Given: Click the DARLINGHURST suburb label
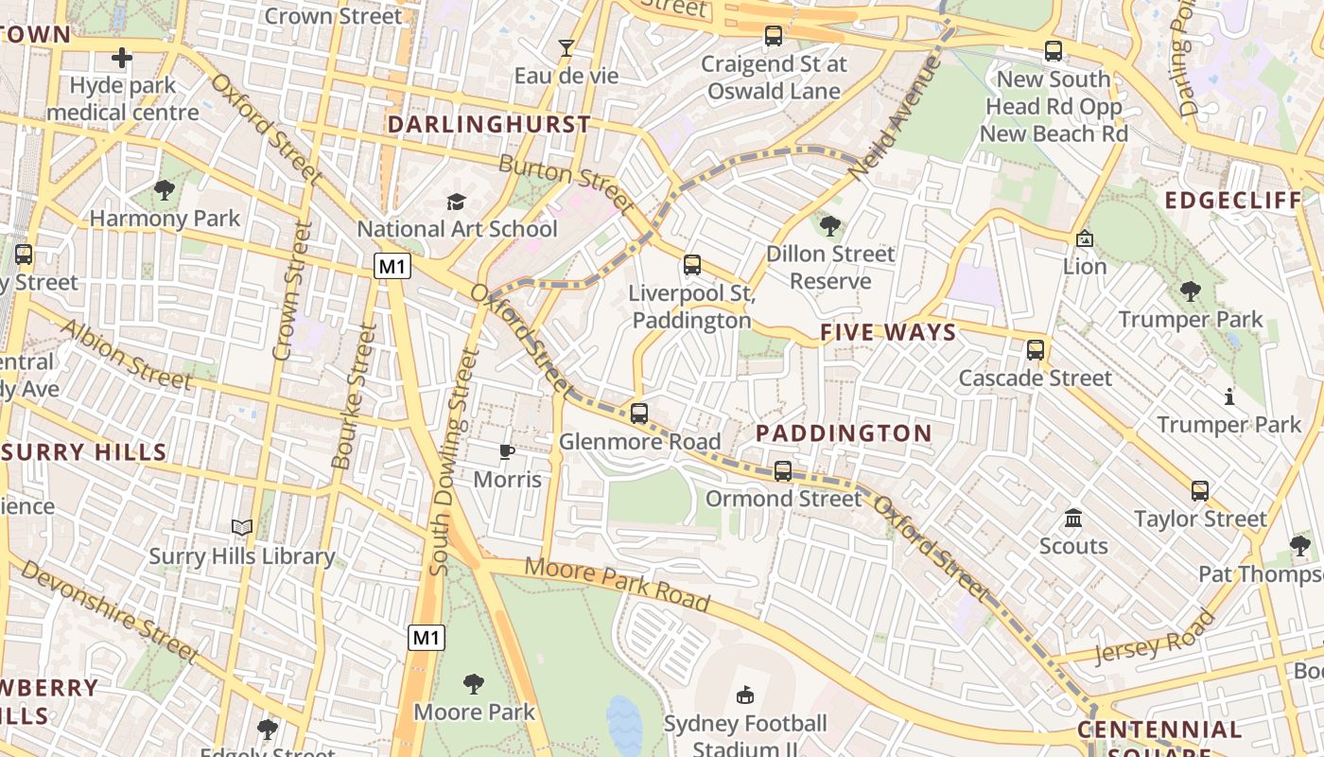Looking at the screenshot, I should (x=489, y=125).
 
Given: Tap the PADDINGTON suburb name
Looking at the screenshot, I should (x=844, y=433).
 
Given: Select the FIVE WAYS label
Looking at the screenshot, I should (x=888, y=332).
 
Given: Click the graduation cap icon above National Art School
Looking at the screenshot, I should (x=457, y=202).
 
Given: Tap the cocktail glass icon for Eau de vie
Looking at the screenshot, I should (x=566, y=48).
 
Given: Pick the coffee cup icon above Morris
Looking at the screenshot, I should (x=507, y=451).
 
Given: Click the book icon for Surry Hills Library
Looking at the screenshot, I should (x=242, y=528).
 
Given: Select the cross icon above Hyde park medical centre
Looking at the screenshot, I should (x=122, y=59).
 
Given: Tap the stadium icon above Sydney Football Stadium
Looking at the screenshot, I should (x=745, y=695).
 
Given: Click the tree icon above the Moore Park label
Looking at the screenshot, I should (x=474, y=683).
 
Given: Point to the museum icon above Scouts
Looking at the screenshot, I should (x=1073, y=518).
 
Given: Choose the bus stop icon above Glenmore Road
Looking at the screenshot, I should (x=639, y=414).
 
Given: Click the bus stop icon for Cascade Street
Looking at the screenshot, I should (x=1036, y=350).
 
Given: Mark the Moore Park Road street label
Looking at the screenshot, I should (x=617, y=584).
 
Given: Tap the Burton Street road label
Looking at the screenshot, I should (x=566, y=184).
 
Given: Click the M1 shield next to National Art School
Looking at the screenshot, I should (x=392, y=267).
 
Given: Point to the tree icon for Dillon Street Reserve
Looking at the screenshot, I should (x=830, y=225).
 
